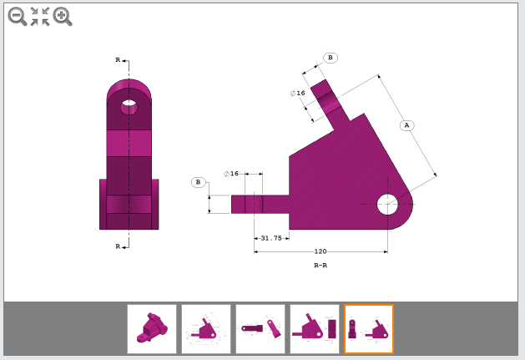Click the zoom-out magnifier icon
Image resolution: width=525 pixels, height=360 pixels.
[x=17, y=16]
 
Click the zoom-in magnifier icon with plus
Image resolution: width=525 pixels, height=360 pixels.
[x=63, y=16]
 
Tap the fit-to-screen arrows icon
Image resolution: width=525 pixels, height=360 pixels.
[x=40, y=16]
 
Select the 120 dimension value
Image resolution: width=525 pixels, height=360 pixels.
[x=321, y=251]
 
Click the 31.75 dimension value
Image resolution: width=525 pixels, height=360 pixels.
[x=271, y=238]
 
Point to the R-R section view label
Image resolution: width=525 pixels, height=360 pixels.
[x=321, y=265]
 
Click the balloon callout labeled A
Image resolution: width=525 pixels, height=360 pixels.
[x=406, y=125]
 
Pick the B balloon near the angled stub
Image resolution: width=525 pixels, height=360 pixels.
[x=331, y=58]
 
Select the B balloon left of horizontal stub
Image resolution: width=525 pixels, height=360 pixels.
[x=199, y=182]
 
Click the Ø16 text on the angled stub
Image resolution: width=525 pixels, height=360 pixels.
[x=298, y=93]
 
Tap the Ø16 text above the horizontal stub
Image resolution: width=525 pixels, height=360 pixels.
[x=231, y=174]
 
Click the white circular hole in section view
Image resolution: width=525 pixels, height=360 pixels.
[x=387, y=204]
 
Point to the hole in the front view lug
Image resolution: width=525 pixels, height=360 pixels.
[x=129, y=107]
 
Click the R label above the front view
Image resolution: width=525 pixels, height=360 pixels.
[x=118, y=60]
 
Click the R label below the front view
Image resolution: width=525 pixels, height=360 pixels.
[x=118, y=246]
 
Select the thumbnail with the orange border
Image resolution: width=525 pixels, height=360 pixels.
[x=368, y=328]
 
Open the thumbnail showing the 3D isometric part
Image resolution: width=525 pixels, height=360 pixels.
[x=152, y=328]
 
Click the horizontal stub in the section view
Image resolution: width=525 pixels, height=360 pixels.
[x=259, y=204]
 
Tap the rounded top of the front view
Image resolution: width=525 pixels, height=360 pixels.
[x=129, y=88]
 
